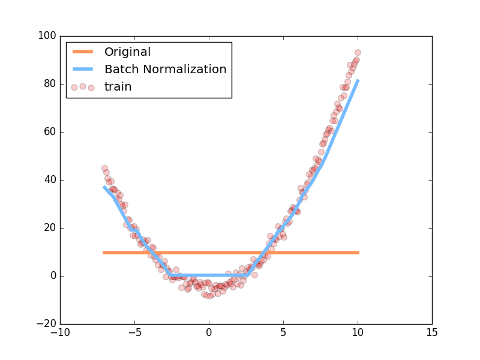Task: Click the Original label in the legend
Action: click(127, 52)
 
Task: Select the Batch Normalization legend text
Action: click(165, 70)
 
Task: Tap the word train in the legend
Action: click(118, 87)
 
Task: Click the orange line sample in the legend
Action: click(83, 52)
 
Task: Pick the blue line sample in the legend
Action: click(83, 70)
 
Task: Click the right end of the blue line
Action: click(358, 80)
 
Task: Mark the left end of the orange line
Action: click(103, 253)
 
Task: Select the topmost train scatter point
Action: click(358, 52)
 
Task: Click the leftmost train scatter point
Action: click(104, 169)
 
